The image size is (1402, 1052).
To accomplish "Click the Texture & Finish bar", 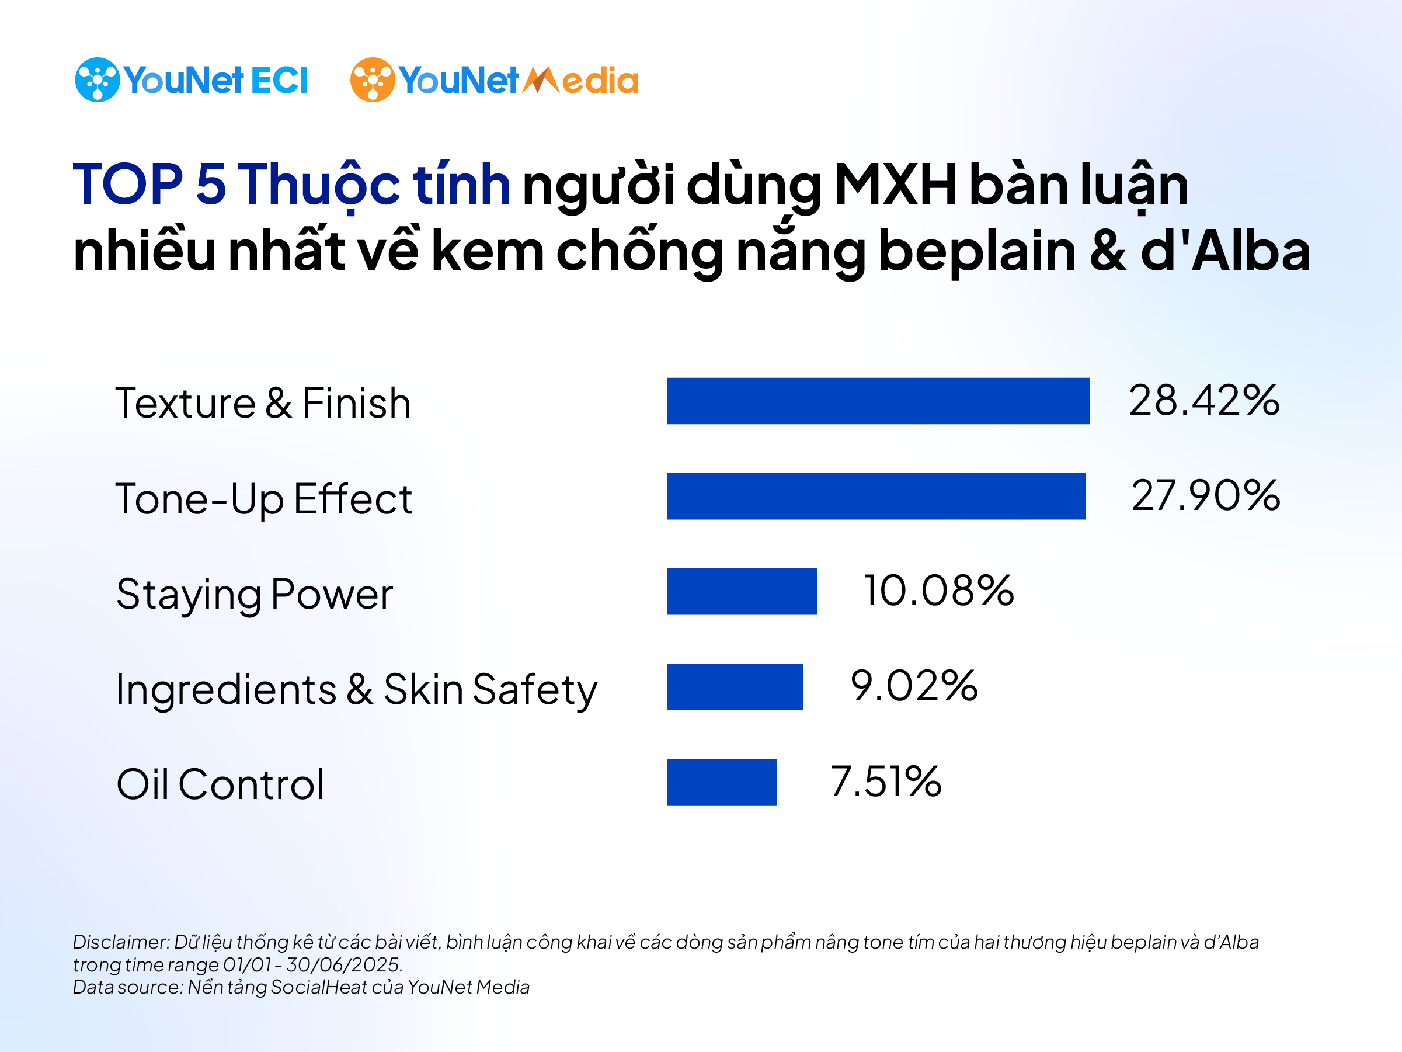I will click(x=878, y=401).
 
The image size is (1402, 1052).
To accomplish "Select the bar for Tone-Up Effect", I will click(x=876, y=496).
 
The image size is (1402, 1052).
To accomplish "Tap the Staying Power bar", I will click(x=742, y=591).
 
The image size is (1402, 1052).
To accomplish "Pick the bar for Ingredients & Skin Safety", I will click(x=735, y=686).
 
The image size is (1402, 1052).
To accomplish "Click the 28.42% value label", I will click(x=1203, y=401).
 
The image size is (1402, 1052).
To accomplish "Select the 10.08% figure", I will click(x=938, y=591).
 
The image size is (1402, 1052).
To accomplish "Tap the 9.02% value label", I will click(x=913, y=686).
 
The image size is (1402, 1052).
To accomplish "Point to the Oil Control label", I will click(x=220, y=784).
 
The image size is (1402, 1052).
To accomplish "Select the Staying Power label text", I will click(x=254, y=595).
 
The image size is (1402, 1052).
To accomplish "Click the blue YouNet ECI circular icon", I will click(x=97, y=80).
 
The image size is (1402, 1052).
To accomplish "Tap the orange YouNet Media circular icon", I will click(x=372, y=80).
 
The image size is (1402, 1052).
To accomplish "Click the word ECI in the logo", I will click(x=279, y=81).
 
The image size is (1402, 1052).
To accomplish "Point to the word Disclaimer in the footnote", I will click(x=120, y=942).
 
